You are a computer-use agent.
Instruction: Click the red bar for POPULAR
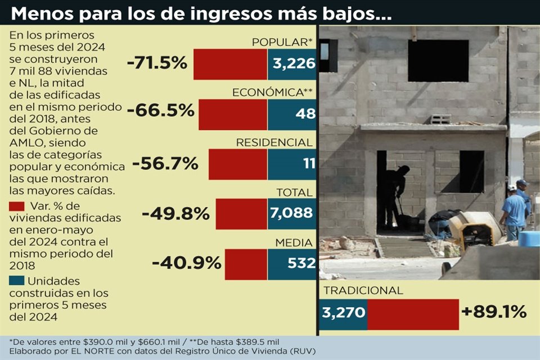tap(230, 64)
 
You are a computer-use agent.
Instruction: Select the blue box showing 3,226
tap(291, 64)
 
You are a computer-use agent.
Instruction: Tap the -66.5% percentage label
tap(160, 110)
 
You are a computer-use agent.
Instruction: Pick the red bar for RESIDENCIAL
tap(237, 164)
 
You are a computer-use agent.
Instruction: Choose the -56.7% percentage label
tap(165, 164)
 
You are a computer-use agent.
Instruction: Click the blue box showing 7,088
tap(291, 214)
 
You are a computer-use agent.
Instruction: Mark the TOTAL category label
tap(294, 192)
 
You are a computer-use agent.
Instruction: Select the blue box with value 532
tap(291, 264)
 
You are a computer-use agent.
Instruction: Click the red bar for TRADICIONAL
tap(413, 314)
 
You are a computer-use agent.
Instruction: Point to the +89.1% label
tap(494, 311)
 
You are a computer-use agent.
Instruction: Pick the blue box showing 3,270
tap(344, 314)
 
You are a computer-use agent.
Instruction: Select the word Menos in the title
tap(43, 13)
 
